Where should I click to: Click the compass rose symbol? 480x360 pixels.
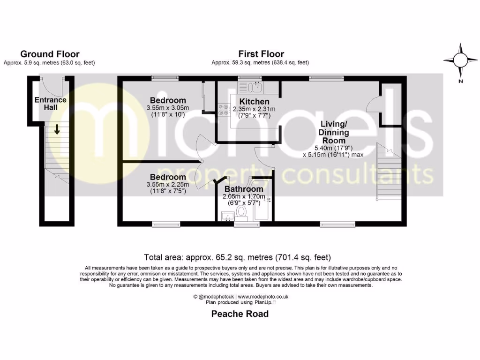pos(461,60)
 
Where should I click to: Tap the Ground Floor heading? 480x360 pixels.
pos(50,54)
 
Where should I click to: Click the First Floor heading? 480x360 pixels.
pos(261,54)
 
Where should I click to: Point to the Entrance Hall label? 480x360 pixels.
pos(50,104)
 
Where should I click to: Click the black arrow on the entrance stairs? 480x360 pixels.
pos(56,129)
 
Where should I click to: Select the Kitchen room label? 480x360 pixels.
pos(254,102)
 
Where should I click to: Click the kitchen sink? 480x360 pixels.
pos(257,86)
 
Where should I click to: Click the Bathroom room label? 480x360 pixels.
pos(243,189)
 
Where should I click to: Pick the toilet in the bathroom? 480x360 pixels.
pos(242,212)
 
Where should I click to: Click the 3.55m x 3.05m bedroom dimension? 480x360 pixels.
pos(167,108)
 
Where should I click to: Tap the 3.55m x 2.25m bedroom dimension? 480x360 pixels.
pos(167,185)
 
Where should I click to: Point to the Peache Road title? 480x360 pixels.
pos(240,314)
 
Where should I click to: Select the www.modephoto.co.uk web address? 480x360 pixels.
pos(262,297)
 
